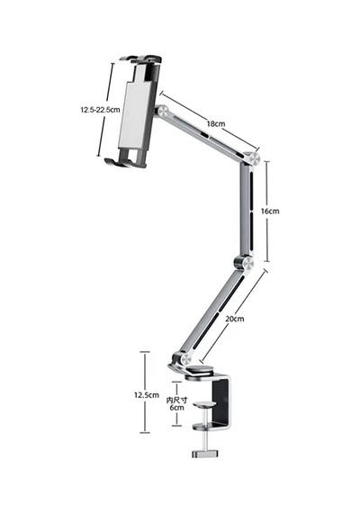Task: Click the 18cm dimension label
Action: coord(216,124)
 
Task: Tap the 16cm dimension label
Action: coord(270,211)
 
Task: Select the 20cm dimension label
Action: coord(235,319)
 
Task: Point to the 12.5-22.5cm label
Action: coord(100,110)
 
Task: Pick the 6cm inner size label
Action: coord(176,408)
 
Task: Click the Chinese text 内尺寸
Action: coord(176,400)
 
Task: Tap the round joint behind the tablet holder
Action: coord(162,112)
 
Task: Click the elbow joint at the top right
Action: coord(253,158)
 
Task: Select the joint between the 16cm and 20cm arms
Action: coord(245,263)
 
